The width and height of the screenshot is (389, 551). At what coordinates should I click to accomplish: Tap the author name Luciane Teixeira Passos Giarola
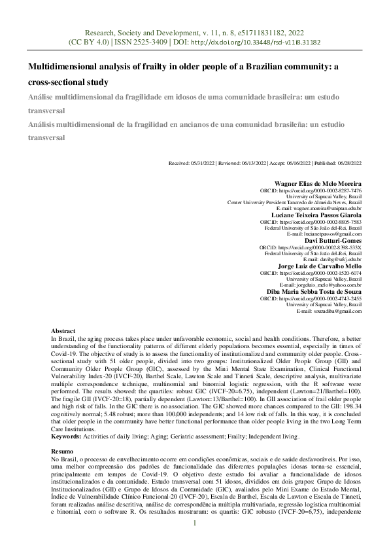(316, 215)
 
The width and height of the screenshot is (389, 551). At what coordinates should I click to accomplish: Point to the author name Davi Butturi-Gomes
(333, 240)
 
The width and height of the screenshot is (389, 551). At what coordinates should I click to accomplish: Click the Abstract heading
(63, 332)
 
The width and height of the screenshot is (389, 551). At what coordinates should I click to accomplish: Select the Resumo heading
(62, 452)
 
